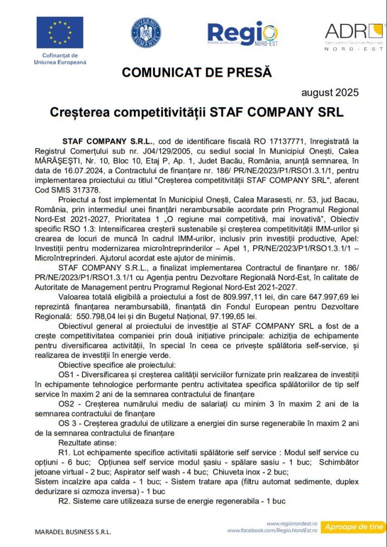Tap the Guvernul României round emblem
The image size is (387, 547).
[x=146, y=33]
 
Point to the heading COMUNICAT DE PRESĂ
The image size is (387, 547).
[x=197, y=72]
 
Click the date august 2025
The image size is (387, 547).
[x=330, y=92]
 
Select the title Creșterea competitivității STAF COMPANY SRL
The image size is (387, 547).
[x=196, y=112]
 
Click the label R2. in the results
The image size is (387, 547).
[x=64, y=500]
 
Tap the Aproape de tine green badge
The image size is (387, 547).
[x=354, y=526]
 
